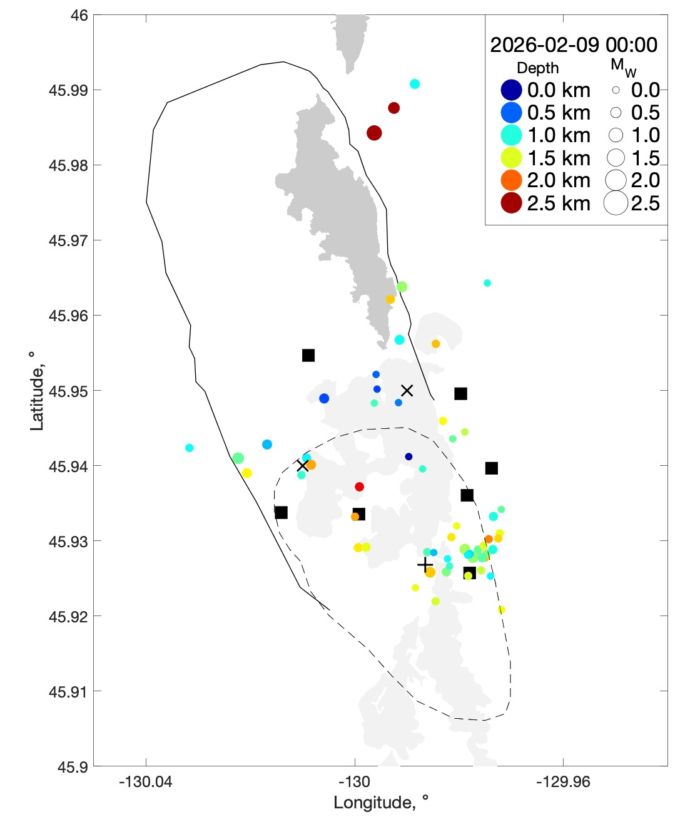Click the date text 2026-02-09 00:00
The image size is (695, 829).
(573, 45)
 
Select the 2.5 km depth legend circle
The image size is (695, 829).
(511, 203)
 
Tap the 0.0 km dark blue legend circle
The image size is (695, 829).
(511, 90)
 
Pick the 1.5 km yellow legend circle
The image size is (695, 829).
(511, 158)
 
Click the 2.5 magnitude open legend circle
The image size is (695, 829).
(616, 203)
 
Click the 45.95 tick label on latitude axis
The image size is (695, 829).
(68, 391)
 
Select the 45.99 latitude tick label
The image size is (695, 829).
(68, 90)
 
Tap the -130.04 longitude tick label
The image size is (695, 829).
(146, 781)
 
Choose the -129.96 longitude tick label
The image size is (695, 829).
(563, 781)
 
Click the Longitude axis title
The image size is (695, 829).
(380, 803)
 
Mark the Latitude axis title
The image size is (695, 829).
(37, 391)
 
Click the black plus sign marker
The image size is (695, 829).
(425, 565)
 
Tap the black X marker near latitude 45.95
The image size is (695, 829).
(407, 391)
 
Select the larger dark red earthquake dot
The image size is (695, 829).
(374, 133)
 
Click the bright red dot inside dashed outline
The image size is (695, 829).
(359, 487)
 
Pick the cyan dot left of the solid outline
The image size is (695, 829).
(190, 448)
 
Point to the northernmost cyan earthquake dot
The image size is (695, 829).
(414, 84)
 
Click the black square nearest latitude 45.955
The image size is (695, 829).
(308, 356)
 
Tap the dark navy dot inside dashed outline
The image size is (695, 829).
(408, 456)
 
